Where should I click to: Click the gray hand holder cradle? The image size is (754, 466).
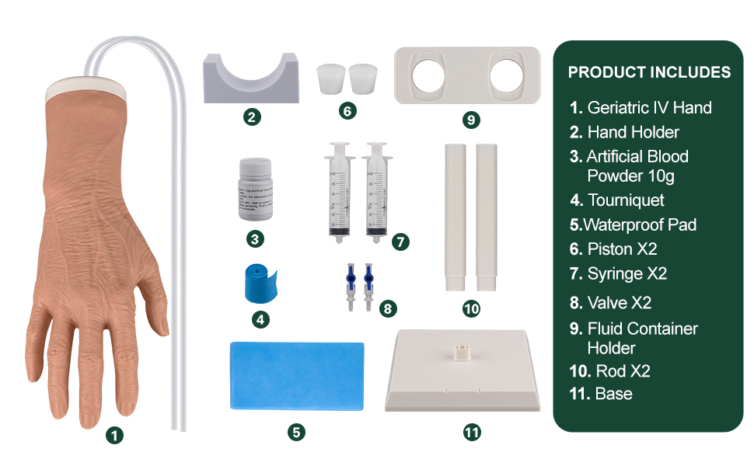[x=250, y=79]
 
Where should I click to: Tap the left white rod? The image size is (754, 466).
[x=455, y=216]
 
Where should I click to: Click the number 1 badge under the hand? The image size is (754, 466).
[x=115, y=436]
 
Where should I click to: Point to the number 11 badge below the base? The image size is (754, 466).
[x=472, y=433]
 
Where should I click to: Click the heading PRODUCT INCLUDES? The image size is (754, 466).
[x=649, y=72]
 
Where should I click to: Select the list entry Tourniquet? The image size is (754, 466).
[x=626, y=200]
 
